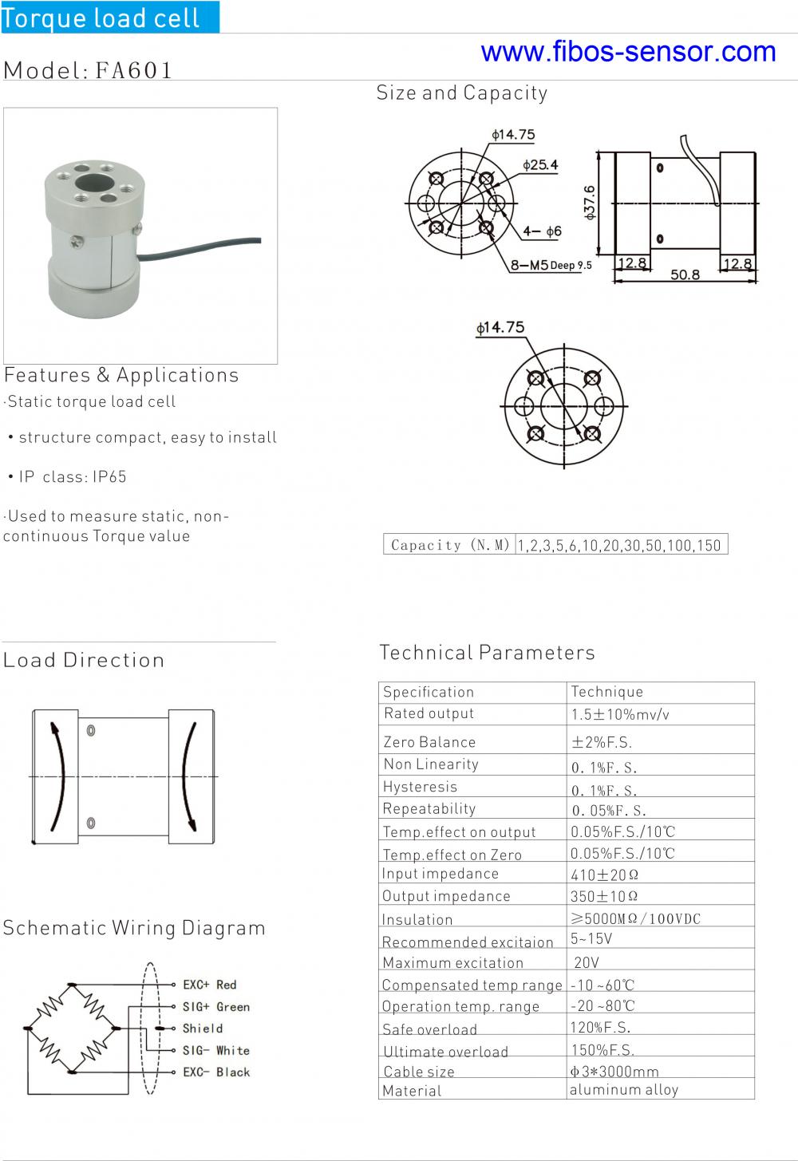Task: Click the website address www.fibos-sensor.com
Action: [x=628, y=52]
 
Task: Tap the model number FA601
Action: [x=133, y=70]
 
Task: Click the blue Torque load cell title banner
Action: [x=110, y=17]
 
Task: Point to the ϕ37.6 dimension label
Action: [x=589, y=203]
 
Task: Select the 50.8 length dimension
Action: [x=685, y=274]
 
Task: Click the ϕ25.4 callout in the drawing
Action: [x=540, y=165]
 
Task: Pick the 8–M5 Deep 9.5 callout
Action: [x=551, y=265]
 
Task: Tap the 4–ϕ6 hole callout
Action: [x=542, y=231]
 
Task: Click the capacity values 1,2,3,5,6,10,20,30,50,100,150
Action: [x=619, y=545]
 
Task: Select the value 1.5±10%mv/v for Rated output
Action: [x=620, y=714]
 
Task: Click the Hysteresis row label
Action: [x=420, y=787]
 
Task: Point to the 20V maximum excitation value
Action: [x=586, y=962]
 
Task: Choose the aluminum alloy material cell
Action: [x=624, y=1090]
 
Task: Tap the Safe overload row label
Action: [x=429, y=1029]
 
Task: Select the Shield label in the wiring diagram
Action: [x=203, y=1029]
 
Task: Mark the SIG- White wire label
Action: [x=216, y=1050]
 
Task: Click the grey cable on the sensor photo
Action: [x=199, y=247]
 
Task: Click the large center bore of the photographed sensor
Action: [x=94, y=182]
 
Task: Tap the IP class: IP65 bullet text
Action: [x=73, y=477]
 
